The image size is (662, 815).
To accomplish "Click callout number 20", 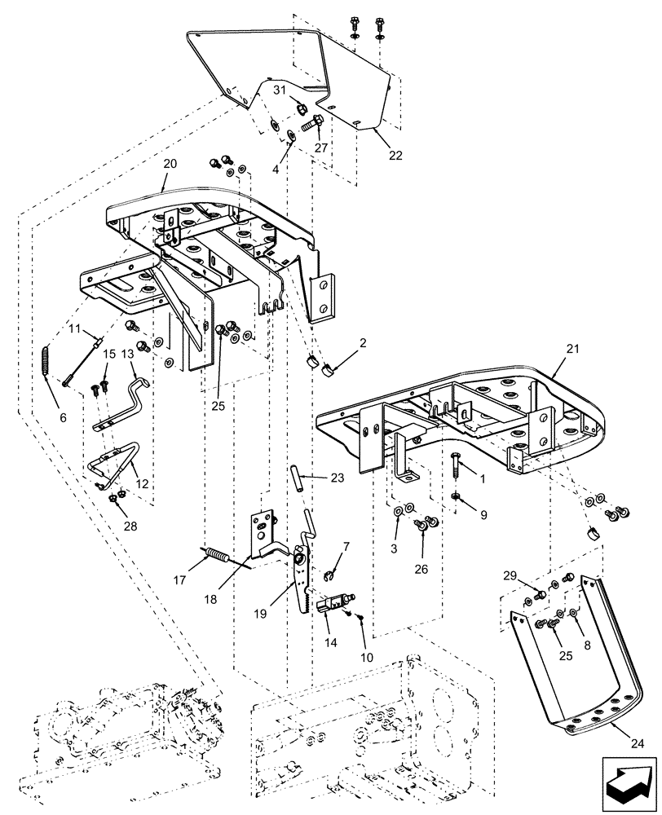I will pyautogui.click(x=170, y=164).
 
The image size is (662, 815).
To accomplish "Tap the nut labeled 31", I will pyautogui.click(x=298, y=106).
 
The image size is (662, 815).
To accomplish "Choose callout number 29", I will pyautogui.click(x=510, y=576).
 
